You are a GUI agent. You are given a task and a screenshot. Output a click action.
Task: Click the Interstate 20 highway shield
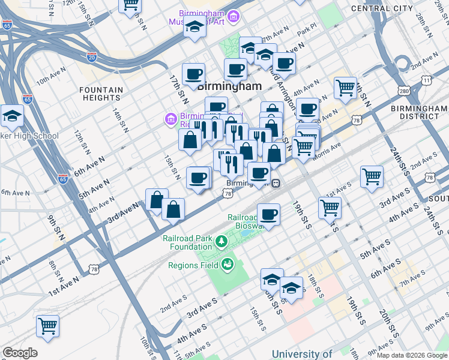[91, 57]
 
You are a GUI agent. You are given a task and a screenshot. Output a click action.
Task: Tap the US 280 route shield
[404, 91]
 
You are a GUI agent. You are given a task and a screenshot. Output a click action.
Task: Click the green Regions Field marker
[228, 263]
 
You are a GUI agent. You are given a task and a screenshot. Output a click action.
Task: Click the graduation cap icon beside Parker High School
[11, 118]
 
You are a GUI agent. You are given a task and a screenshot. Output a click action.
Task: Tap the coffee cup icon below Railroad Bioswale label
[268, 214]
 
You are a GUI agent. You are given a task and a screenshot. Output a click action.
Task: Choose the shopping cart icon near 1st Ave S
[372, 177]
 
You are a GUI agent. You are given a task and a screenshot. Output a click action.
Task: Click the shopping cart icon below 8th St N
[47, 326]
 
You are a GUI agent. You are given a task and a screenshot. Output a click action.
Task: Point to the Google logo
[20, 353]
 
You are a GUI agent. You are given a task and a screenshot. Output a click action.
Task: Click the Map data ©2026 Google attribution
[411, 355]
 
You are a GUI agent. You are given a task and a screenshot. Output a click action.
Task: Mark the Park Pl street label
[310, 28]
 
